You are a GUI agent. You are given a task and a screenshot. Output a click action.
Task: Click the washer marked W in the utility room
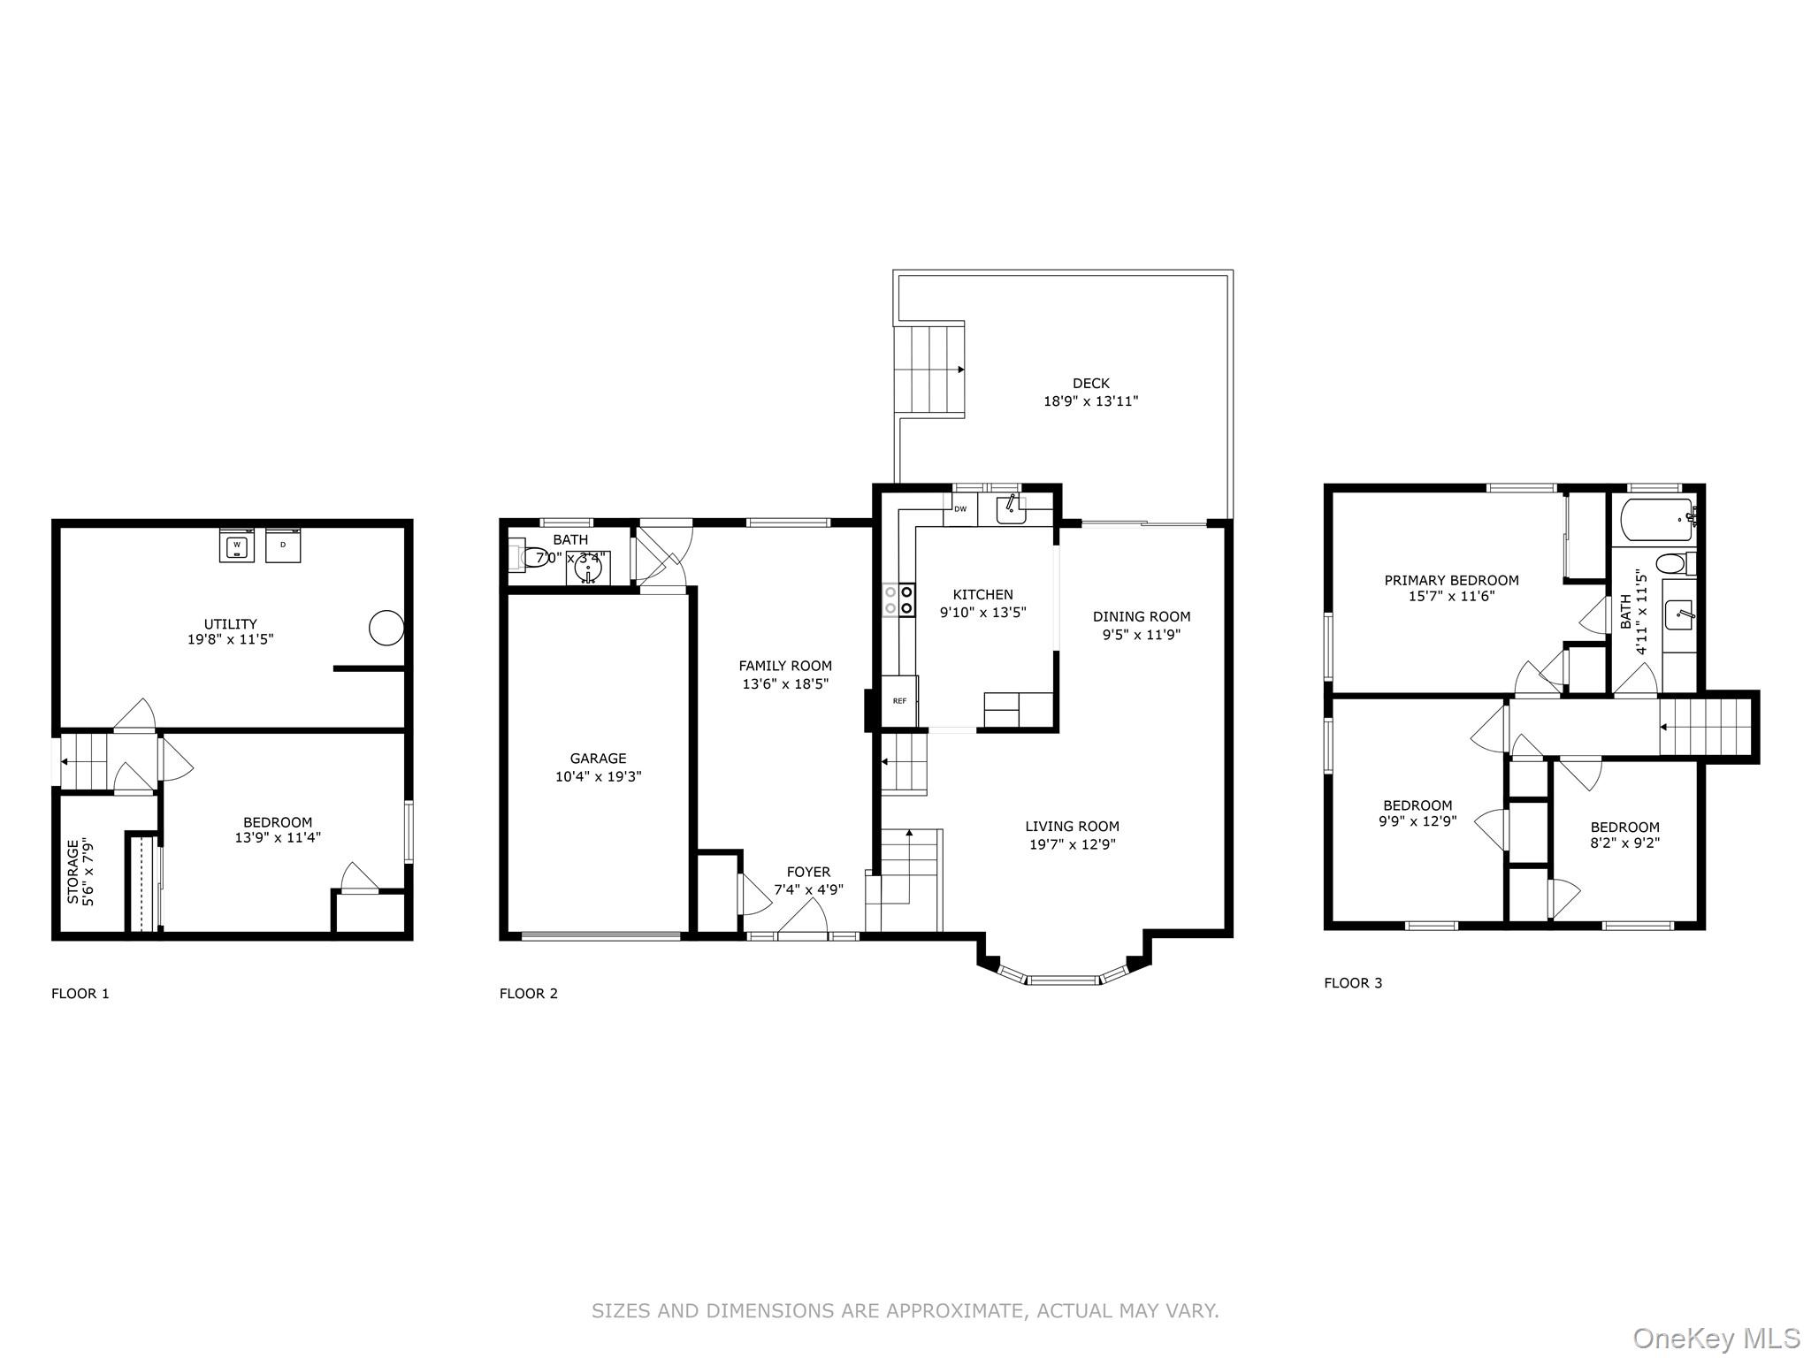237,545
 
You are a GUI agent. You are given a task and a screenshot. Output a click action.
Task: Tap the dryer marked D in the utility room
283,545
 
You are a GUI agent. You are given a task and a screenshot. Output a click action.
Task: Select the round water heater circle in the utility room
386,628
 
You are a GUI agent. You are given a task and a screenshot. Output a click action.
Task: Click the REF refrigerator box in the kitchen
900,701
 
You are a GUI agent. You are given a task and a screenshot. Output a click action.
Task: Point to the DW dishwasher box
959,509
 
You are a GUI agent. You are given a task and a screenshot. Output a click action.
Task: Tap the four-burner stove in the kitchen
898,600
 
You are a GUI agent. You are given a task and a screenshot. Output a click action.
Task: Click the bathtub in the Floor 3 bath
1656,519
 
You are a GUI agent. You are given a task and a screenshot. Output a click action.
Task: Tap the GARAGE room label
598,759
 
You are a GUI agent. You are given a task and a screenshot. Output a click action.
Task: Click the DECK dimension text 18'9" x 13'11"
1091,401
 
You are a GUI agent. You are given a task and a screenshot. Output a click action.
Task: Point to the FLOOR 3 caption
1353,983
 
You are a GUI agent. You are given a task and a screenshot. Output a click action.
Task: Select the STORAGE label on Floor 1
73,871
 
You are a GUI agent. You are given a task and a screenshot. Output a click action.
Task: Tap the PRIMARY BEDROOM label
1452,580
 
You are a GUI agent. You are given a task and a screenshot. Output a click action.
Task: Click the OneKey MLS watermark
1716,1339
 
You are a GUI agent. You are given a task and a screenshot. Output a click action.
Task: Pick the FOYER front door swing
803,916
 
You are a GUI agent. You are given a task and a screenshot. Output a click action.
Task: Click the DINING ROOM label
1142,616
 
